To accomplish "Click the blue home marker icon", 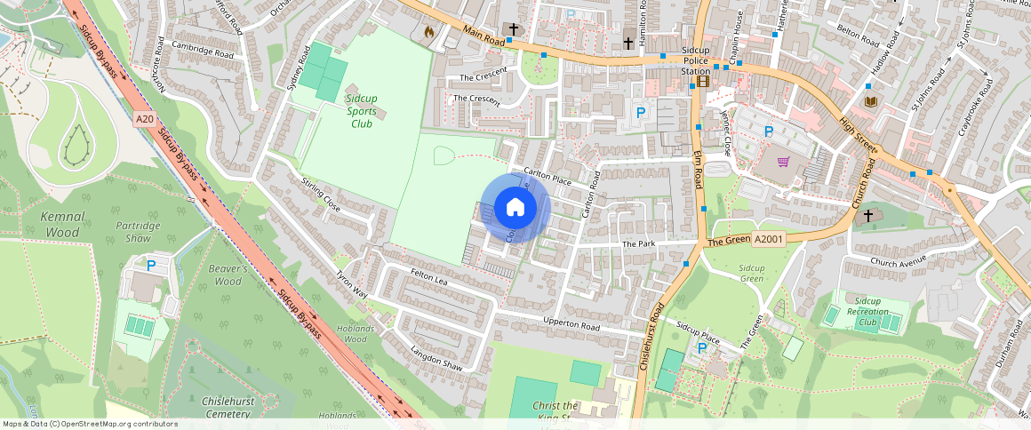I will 515,208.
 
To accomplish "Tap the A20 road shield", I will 146,118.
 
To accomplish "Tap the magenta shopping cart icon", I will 783,162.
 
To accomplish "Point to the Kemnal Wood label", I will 61,225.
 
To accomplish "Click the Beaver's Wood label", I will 228,275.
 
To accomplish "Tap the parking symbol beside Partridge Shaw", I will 150,265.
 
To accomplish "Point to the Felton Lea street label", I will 428,278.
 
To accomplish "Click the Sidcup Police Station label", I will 696,60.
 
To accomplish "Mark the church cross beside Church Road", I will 867,215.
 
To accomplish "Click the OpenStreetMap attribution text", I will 90,424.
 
